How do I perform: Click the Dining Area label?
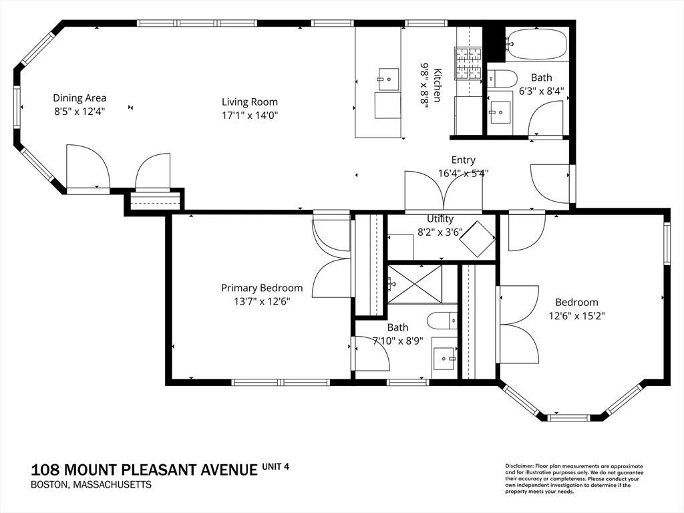coord(79,98)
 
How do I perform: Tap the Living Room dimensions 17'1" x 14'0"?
coord(250,115)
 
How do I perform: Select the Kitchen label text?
coord(437,85)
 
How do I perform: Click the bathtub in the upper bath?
coord(536,44)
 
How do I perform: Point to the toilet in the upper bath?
coord(502,79)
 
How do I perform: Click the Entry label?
coord(464,160)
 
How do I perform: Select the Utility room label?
coord(440,218)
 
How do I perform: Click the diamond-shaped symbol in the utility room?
coord(477,238)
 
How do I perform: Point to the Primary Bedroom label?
coord(262,288)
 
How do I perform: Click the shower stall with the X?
coord(415,283)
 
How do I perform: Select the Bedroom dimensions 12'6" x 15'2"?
coord(576,315)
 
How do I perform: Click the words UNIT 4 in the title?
coord(275,466)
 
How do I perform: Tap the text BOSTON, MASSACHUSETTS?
coord(91,485)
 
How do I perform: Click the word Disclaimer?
coord(518,466)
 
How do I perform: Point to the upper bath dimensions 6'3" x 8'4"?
coord(541,91)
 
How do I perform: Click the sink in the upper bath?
coord(500,113)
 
